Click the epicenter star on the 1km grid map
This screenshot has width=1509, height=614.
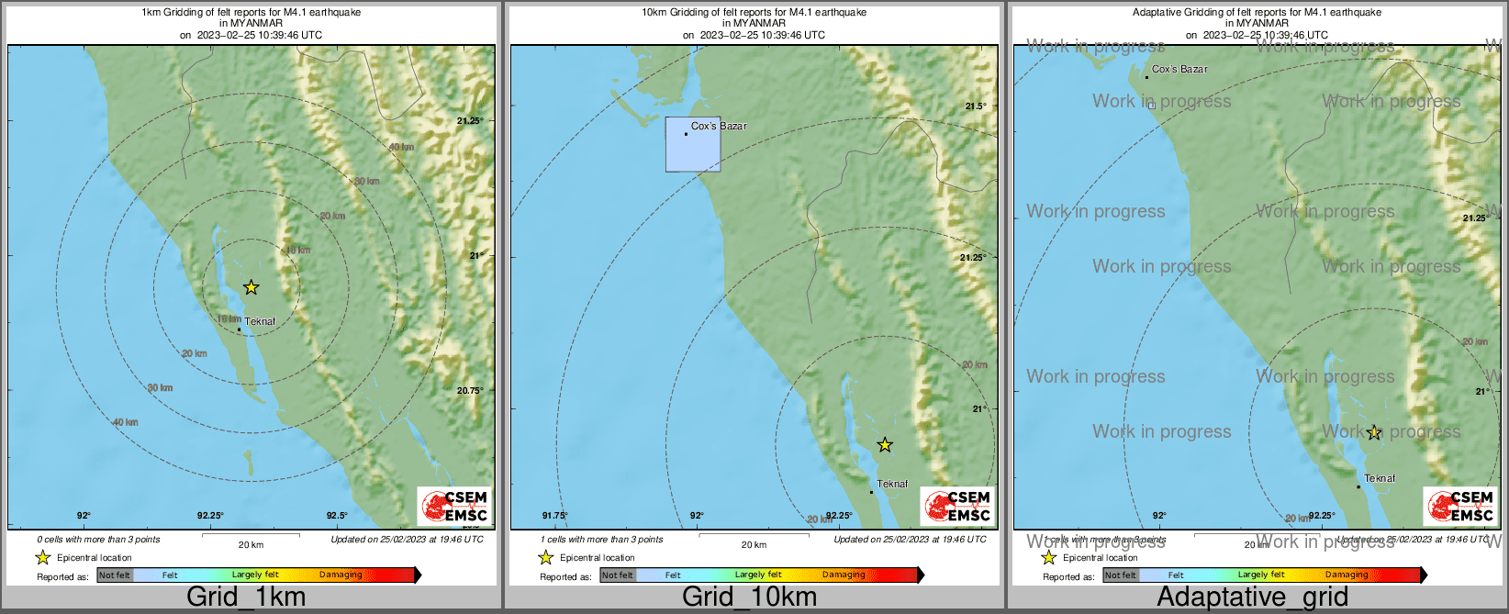251,287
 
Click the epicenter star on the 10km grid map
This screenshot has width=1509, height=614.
884,445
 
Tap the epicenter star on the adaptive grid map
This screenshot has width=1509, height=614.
1373,432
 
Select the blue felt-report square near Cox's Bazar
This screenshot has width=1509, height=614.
693,144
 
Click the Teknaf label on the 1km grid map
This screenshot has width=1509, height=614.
260,321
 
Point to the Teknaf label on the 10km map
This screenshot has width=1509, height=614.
892,484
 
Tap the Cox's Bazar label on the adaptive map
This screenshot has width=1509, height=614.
1179,69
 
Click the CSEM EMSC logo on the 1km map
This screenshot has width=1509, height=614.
454,506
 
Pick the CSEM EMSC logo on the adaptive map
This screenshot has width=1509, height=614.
1460,506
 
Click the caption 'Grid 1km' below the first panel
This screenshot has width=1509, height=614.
246,597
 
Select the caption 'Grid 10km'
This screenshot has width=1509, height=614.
749,597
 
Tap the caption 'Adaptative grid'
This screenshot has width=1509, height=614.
1252,597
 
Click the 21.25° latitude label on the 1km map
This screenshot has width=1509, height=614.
470,120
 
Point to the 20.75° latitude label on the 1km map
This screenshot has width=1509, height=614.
470,390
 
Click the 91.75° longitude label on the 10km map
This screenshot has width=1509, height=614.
554,516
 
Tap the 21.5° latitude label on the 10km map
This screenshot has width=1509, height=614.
975,106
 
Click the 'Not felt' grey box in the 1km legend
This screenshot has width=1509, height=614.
115,575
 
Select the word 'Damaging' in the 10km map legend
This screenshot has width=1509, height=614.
844,575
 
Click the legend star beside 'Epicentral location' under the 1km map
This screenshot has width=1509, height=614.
42,557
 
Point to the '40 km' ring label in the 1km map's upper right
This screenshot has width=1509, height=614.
401,147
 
